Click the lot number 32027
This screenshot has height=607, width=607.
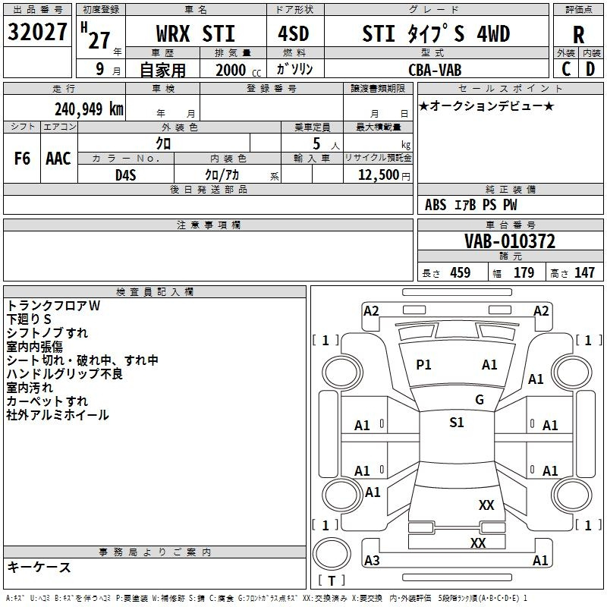(37, 32)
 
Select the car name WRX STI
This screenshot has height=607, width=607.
(196, 33)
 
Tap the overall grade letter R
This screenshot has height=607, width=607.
(578, 35)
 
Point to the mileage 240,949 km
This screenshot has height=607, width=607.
(89, 109)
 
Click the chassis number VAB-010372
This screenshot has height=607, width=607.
(510, 241)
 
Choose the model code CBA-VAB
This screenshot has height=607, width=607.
(435, 70)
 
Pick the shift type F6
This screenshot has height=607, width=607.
(22, 159)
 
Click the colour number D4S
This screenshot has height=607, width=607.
(126, 175)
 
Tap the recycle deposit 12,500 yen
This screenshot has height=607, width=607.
(384, 175)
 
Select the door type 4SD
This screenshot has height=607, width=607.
(294, 33)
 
